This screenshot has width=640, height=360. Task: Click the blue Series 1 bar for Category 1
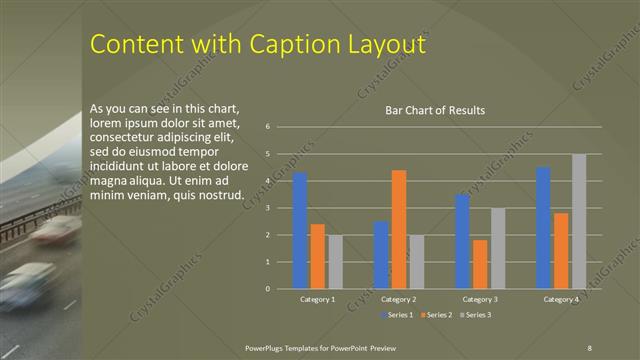point(299,230)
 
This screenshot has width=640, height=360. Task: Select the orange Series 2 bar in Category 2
point(399,229)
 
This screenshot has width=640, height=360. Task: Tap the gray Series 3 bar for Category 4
point(579,221)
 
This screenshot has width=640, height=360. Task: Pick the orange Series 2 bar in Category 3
point(480,264)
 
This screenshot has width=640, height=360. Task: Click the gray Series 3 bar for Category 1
point(335,261)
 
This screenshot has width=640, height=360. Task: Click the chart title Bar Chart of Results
point(435,110)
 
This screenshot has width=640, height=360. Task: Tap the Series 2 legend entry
point(437,315)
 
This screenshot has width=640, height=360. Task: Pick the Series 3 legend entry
point(477,315)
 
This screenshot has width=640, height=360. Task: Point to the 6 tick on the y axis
point(268,127)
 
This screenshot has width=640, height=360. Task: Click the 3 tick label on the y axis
point(268,208)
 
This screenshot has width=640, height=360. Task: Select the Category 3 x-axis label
point(480,299)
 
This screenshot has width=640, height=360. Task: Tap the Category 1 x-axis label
point(317,299)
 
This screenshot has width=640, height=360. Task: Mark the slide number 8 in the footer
point(590,346)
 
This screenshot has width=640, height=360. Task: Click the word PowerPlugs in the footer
point(267,346)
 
